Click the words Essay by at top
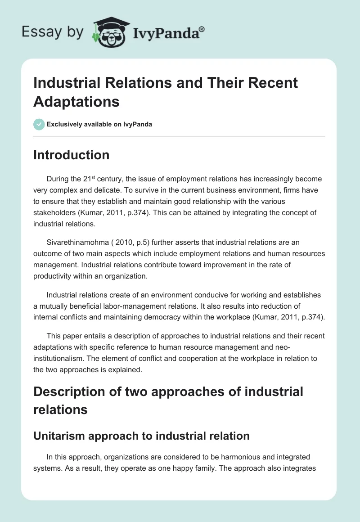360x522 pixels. (x=53, y=32)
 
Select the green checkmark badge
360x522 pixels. (x=39, y=124)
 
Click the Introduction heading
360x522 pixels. (x=71, y=155)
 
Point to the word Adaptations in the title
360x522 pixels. (x=76, y=101)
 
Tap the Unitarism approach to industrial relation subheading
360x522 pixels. (x=141, y=436)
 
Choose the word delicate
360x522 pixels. (x=112, y=190)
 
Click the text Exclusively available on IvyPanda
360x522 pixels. (x=99, y=124)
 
